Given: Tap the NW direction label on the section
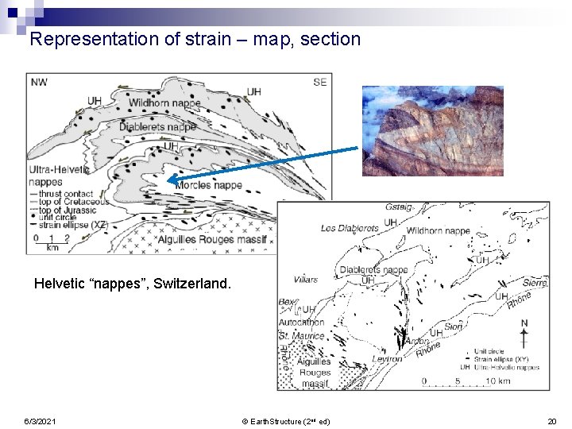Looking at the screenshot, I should click(37, 81).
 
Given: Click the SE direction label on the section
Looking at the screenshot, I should click(319, 82).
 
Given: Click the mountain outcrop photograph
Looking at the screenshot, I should click(432, 131).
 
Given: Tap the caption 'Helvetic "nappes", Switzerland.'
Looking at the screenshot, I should click(133, 284).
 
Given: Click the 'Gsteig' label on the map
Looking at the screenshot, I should click(399, 207).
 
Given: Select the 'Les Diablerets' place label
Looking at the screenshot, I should click(349, 228).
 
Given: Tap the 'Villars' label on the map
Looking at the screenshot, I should click(304, 279).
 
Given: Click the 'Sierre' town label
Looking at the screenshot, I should click(535, 282).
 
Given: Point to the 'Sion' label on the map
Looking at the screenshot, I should click(453, 327).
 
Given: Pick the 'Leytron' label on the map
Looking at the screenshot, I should click(386, 359).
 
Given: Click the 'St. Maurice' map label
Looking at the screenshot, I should click(301, 335).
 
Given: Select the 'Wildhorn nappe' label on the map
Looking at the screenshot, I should click(438, 231).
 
